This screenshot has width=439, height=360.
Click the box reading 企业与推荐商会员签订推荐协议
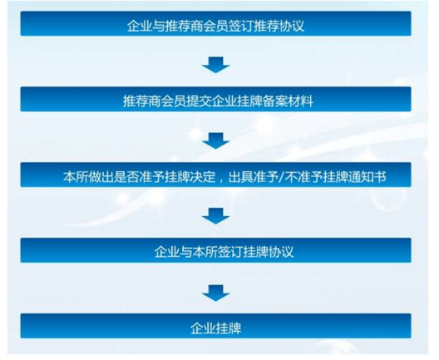click(x=215, y=23)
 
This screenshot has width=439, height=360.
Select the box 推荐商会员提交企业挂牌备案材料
click(x=215, y=99)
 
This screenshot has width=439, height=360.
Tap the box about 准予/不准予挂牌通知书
click(x=215, y=175)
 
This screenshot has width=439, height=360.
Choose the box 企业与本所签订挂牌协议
click(x=215, y=250)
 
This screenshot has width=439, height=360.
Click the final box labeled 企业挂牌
click(x=215, y=326)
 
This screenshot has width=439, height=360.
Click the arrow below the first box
click(x=215, y=65)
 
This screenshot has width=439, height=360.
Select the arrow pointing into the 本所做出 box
click(x=215, y=141)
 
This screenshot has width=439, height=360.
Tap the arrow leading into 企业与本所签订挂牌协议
click(x=215, y=216)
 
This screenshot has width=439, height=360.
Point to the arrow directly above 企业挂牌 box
click(x=215, y=293)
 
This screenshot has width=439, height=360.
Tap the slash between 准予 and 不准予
click(x=282, y=177)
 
